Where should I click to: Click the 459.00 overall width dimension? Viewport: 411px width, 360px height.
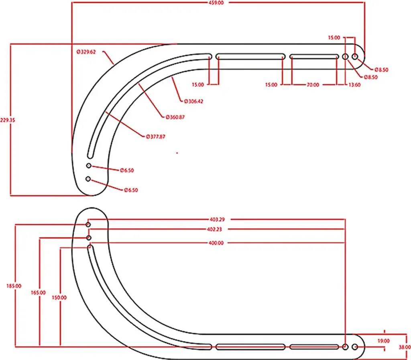[x=216, y=3]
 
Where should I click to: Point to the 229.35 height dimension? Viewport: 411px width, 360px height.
[x=8, y=120]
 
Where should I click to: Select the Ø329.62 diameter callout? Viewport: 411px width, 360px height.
[x=86, y=52]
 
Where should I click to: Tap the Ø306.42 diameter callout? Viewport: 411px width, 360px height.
[x=193, y=101]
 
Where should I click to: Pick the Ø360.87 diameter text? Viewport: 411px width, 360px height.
[x=175, y=117]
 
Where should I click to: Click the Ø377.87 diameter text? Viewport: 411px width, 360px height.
[x=156, y=137]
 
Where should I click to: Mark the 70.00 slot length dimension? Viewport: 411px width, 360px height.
[x=313, y=85]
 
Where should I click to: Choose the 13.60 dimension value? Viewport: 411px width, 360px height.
[x=354, y=85]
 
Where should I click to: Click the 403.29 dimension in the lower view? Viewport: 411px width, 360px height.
[x=217, y=219]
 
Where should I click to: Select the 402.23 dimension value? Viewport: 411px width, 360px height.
[x=214, y=229]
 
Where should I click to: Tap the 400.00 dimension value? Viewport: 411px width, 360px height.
[x=216, y=243]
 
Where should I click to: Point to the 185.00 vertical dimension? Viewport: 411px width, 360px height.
[x=14, y=286]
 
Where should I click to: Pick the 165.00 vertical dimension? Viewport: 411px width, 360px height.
[x=38, y=292]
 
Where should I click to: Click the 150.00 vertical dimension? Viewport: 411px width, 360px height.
[x=59, y=298]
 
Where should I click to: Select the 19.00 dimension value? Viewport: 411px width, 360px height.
[x=383, y=341]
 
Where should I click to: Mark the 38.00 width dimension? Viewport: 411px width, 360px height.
[x=405, y=347]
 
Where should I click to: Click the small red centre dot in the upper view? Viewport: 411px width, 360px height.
[x=177, y=153]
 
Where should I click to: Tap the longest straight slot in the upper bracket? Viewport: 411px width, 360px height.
[x=250, y=56]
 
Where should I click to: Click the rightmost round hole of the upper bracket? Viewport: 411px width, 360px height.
[x=355, y=56]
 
